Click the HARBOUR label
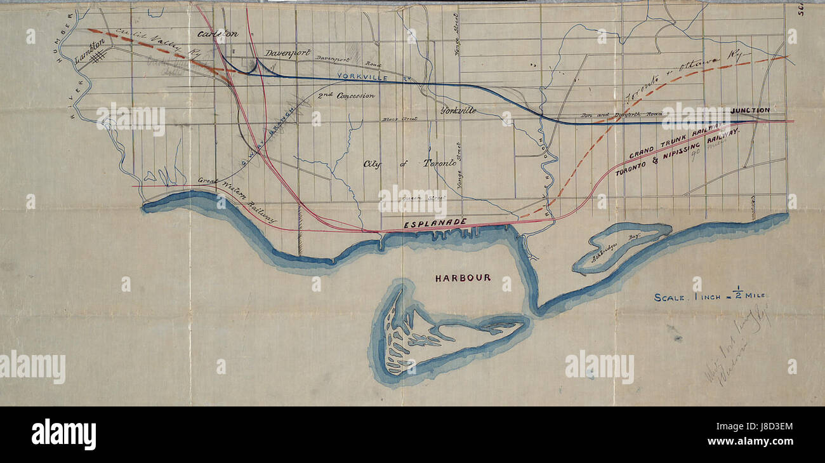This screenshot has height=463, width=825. coord(463,278)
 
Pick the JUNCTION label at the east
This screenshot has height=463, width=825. coord(749,111)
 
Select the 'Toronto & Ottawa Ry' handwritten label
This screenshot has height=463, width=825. coord(682,79)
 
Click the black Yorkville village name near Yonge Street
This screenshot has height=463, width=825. coord(458,110)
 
